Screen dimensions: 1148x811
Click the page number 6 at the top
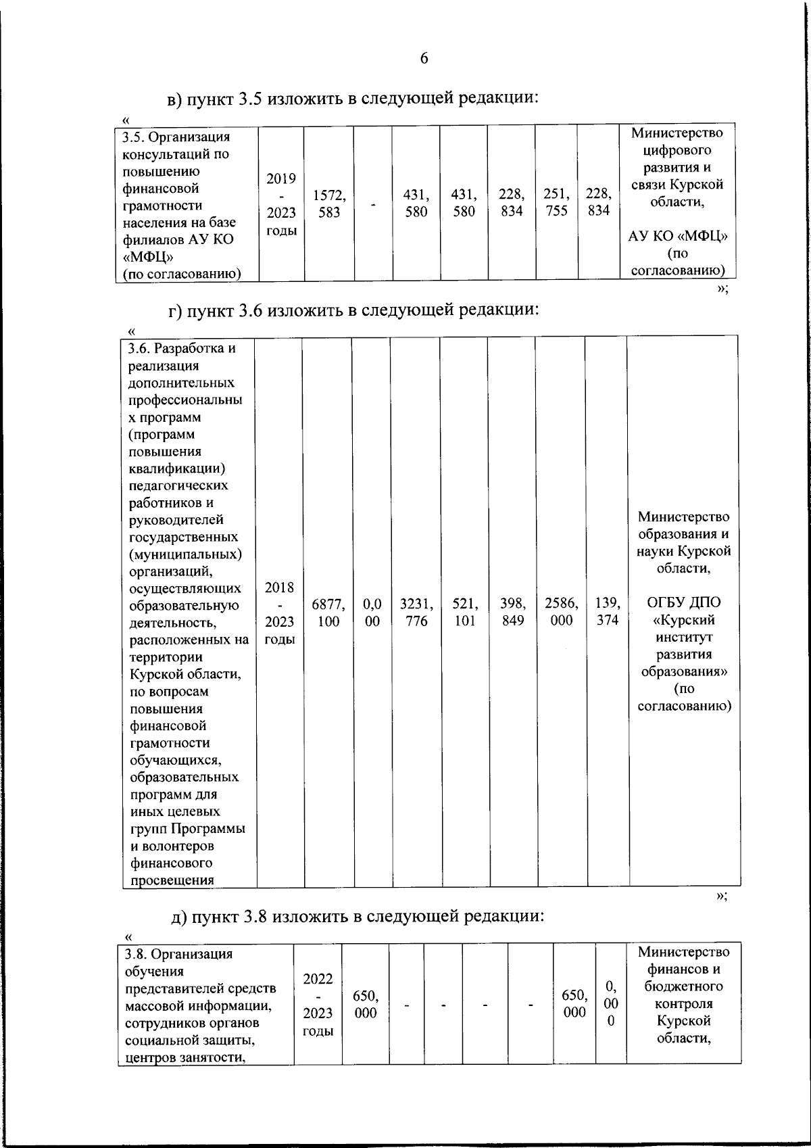pos(424,58)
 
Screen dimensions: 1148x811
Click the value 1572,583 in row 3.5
pos(329,203)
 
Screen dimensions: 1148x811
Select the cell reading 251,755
pos(556,202)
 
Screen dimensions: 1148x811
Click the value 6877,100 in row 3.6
pos(328,612)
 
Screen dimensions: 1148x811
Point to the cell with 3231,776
pos(416,612)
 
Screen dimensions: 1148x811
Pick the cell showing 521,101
pos(464,612)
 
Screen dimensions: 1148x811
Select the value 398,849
pos(512,612)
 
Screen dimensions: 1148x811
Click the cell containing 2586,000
pos(561,612)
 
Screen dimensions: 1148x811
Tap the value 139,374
pos(607,612)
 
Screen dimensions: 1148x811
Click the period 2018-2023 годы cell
pos(279,613)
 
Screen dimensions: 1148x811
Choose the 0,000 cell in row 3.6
pos(372,612)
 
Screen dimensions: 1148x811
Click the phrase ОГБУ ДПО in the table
pos(683,602)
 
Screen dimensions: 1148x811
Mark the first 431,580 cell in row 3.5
pos(416,203)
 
